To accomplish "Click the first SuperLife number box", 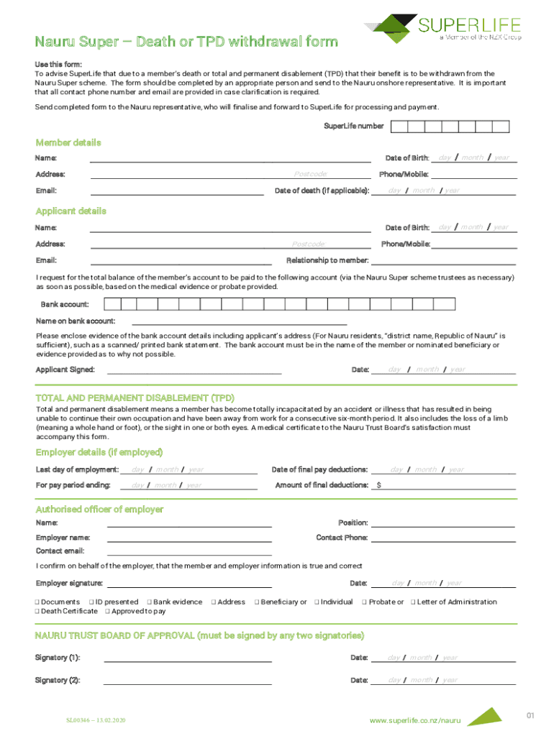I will point(399,126).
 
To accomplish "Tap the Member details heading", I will point(68,142).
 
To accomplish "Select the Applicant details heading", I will point(71,211).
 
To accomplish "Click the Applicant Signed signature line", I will point(194,372).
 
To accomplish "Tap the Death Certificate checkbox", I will point(38,612).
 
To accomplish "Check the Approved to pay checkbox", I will point(107,612).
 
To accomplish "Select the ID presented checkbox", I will point(91,602).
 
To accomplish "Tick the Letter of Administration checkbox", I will point(413,602).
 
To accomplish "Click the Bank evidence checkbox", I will point(149,602).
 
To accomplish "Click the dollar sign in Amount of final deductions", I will point(378,486).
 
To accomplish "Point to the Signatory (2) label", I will point(58,680).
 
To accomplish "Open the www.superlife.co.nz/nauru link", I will point(414,719).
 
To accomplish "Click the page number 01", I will point(530,715).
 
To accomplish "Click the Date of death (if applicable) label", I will point(322,190).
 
